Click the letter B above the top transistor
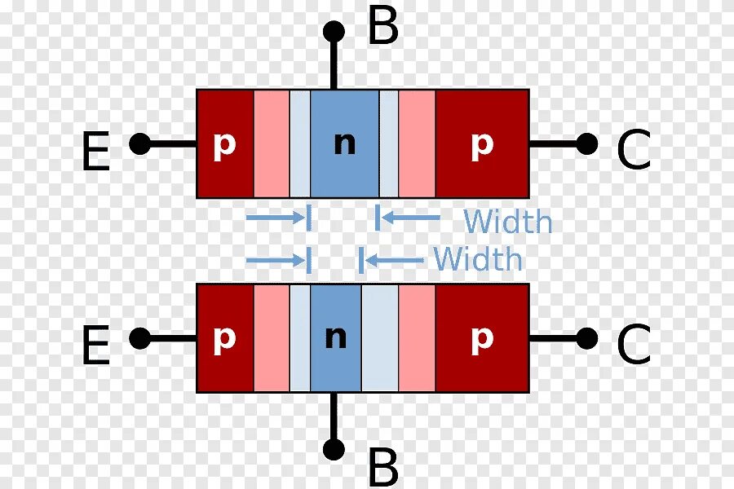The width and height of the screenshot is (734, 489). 382,28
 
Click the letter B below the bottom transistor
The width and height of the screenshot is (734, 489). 382,469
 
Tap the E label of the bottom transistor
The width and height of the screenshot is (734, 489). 95,346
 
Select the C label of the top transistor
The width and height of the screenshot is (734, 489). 633,152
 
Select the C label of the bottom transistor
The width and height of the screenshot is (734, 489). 633,346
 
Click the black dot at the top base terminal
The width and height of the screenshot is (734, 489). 334,32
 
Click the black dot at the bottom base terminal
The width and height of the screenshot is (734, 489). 334,449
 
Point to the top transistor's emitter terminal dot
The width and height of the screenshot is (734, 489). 140,144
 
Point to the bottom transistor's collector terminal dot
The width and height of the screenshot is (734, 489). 586,337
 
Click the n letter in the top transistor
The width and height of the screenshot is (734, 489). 345,143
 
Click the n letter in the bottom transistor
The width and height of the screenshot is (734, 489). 335,337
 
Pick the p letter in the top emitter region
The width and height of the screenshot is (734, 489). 224,145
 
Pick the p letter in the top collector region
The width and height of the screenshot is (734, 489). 482,145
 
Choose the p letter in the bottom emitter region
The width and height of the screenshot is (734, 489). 224,339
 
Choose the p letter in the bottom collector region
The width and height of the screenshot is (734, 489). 482,339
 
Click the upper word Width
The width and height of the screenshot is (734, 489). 507,221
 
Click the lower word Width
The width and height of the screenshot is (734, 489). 478,259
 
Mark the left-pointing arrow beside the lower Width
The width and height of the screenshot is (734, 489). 394,260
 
